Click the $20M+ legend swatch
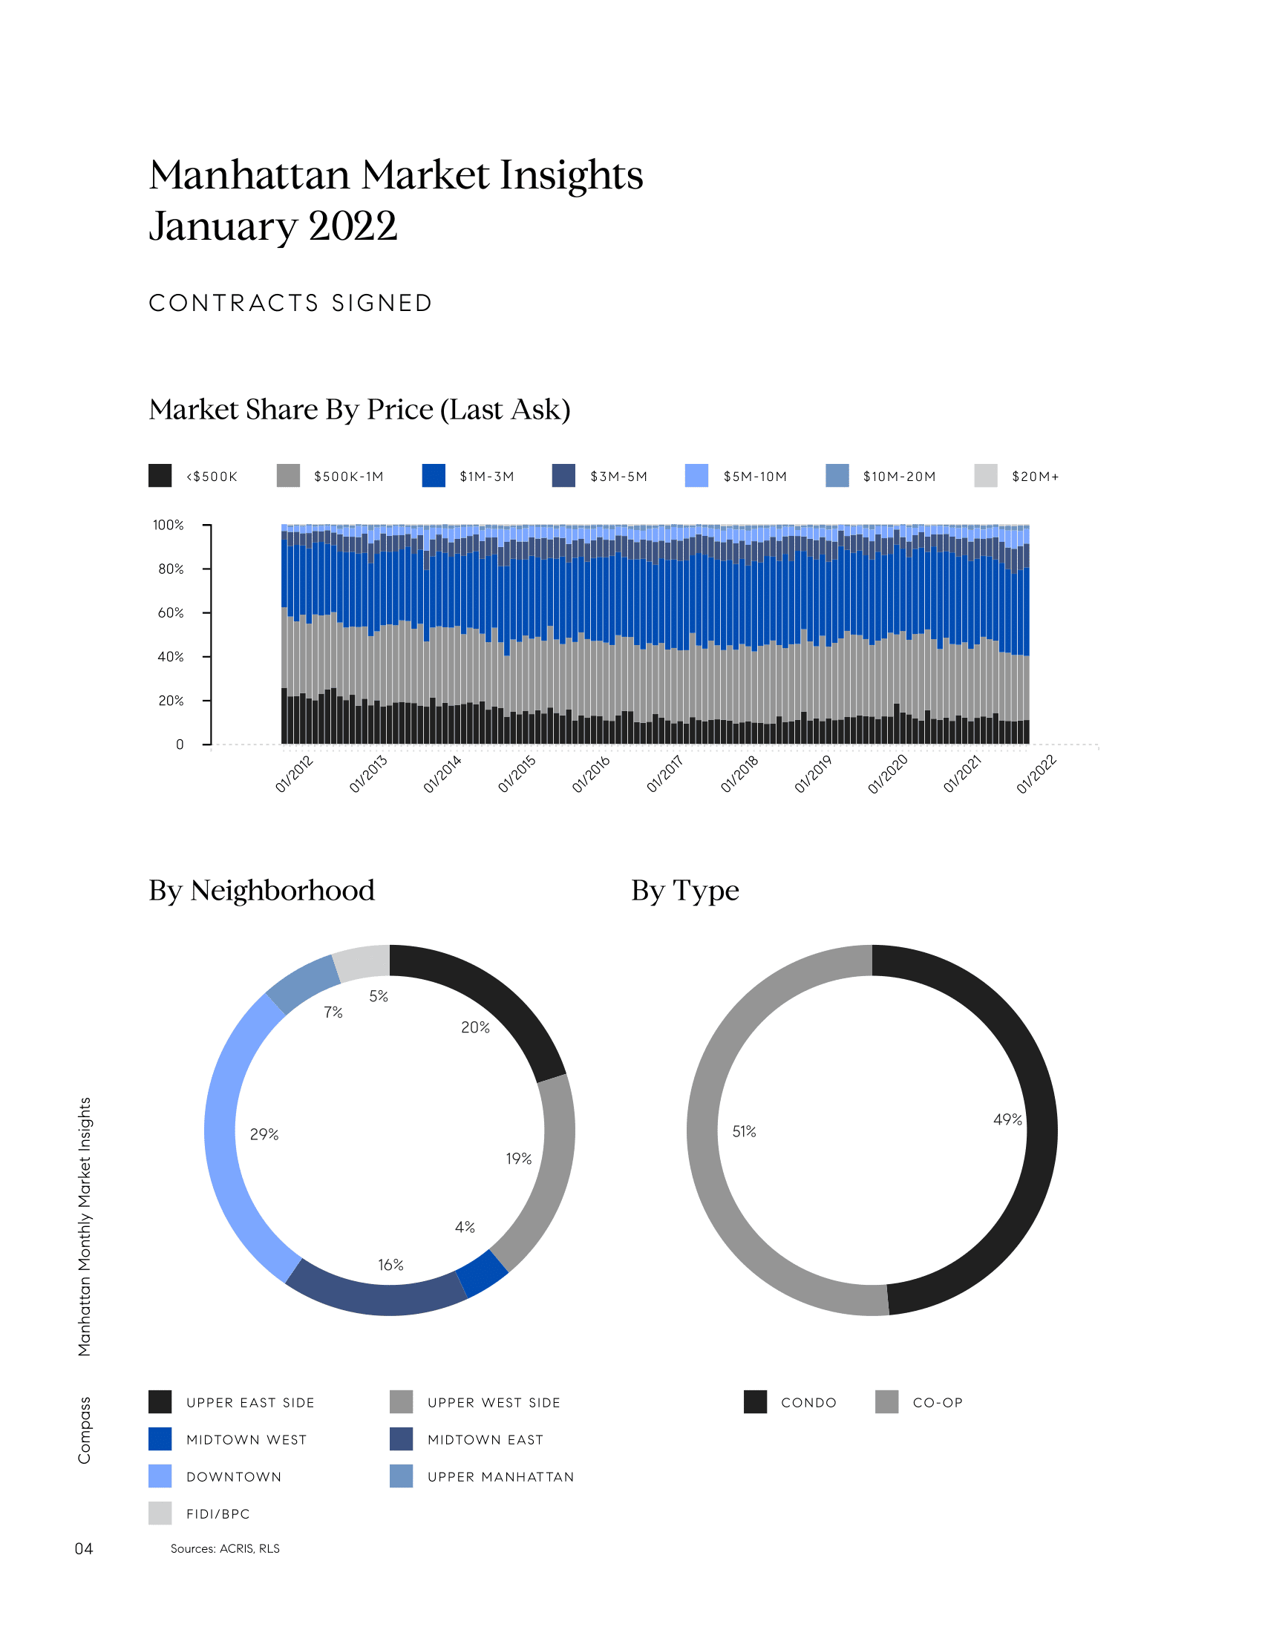pos(985,476)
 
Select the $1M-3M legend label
pos(487,477)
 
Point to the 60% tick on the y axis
pos(171,612)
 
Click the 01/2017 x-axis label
pos(665,774)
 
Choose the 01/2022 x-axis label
pos(1036,774)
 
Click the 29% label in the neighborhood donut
pos(264,1134)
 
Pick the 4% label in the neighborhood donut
pos(464,1227)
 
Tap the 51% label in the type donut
pos(744,1131)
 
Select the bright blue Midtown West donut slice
pos(483,1273)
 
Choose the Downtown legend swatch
pos(160,1476)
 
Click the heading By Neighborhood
pos(261,891)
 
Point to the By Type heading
pos(685,891)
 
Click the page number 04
pos(84,1548)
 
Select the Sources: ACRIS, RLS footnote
pos(225,1548)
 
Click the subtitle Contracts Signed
pos(291,303)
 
